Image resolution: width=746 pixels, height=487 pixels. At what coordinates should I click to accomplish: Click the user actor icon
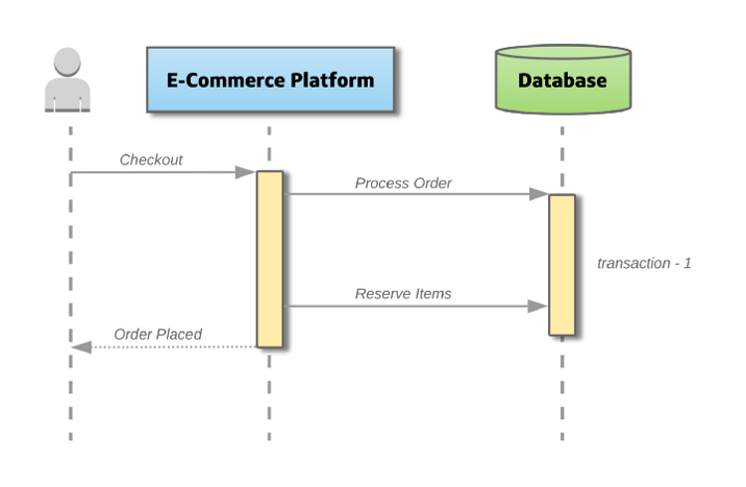(68, 80)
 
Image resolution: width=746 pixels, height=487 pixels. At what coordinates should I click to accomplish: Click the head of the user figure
(67, 62)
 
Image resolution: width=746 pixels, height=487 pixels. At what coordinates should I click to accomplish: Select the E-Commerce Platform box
(271, 80)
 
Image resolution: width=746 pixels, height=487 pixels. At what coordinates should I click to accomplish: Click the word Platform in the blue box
(332, 80)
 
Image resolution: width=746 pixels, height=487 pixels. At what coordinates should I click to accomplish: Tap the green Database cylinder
(563, 80)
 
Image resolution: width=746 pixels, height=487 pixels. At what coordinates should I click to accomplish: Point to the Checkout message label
(151, 159)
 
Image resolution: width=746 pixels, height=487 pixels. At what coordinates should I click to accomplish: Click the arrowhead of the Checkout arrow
(246, 172)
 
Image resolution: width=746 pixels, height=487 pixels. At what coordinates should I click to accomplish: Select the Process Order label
(403, 183)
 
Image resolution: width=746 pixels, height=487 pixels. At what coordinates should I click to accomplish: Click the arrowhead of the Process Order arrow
(539, 194)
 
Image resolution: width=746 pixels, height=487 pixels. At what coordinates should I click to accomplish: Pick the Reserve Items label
(403, 294)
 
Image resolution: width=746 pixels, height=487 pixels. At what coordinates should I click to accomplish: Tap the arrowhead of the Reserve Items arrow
(538, 306)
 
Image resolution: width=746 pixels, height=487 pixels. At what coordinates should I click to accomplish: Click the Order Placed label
(158, 334)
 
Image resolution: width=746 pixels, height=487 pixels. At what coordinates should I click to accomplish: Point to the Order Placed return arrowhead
(82, 347)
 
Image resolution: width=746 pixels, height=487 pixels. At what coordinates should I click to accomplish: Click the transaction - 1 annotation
(645, 263)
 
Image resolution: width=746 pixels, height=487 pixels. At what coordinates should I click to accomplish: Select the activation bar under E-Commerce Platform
(270, 259)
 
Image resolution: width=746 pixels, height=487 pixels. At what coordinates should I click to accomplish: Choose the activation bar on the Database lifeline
(562, 265)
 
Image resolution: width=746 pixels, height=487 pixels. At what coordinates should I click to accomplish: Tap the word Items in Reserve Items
(434, 294)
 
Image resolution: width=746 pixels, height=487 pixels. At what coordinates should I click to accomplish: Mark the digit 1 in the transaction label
(687, 263)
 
